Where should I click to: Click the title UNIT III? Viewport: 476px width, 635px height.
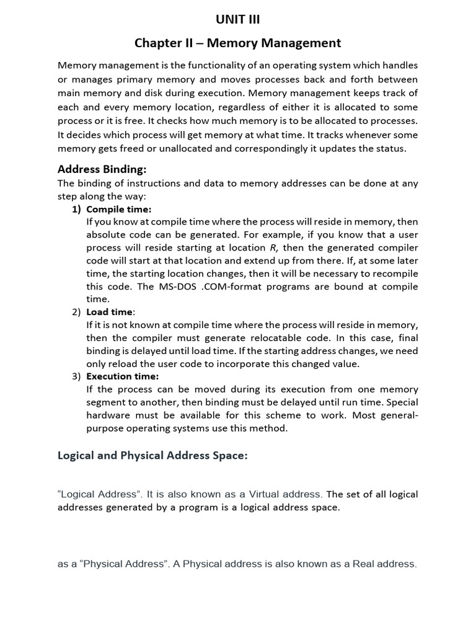click(x=238, y=20)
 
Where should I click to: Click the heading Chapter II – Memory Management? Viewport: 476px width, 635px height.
click(x=238, y=43)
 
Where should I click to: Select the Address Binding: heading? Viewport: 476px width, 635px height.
click(x=102, y=169)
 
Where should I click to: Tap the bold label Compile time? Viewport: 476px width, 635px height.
click(x=118, y=209)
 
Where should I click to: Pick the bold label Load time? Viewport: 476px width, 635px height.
click(x=110, y=312)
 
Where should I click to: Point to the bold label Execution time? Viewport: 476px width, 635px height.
click(x=122, y=376)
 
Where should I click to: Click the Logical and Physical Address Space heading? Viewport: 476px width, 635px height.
click(x=152, y=456)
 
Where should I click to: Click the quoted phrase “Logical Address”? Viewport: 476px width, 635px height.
click(x=96, y=494)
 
